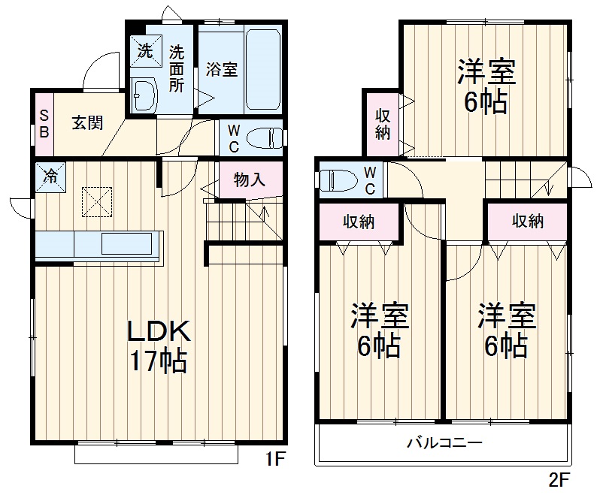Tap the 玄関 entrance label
click(87, 124)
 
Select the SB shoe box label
click(43, 124)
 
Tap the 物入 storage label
click(250, 180)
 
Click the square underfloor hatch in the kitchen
click(96, 201)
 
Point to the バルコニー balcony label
click(444, 442)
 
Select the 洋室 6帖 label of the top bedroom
click(486, 87)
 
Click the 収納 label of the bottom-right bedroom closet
click(528, 221)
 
